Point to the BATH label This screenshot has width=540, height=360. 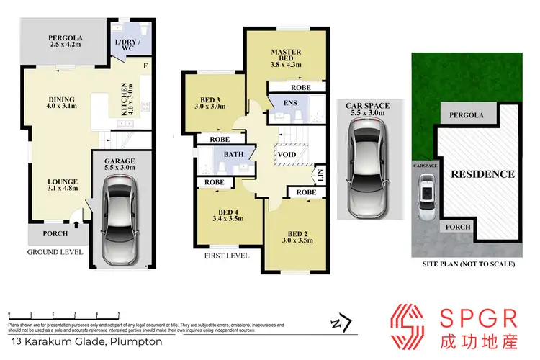[x=233, y=154]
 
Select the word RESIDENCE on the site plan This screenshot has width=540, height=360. [x=482, y=174]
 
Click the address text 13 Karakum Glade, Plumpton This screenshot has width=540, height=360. [x=63, y=341]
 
